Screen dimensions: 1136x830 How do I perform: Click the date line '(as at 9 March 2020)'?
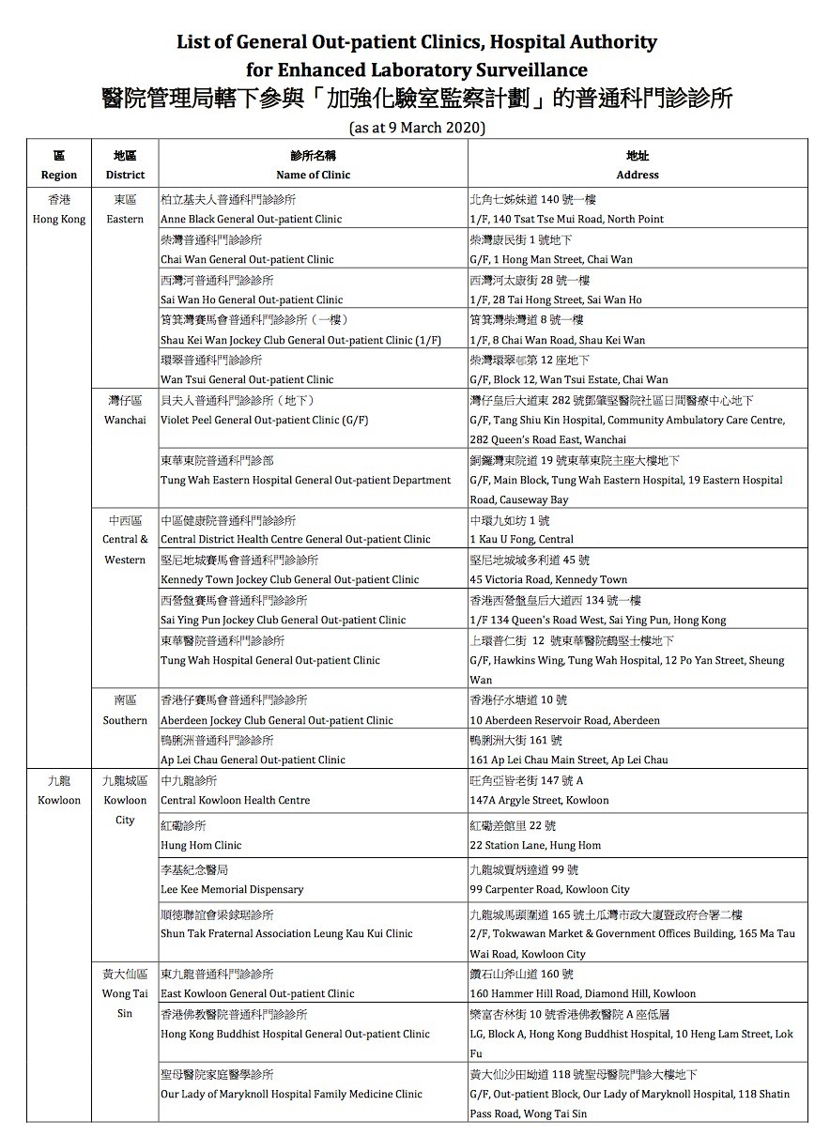click(x=416, y=127)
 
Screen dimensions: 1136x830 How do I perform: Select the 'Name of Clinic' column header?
click(x=313, y=175)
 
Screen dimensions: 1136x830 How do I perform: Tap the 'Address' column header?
click(x=638, y=175)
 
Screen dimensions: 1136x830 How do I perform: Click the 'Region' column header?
click(x=59, y=175)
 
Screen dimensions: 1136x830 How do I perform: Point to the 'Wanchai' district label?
click(x=125, y=420)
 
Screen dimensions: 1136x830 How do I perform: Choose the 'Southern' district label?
click(x=125, y=720)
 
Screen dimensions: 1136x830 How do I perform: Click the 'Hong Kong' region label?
click(x=59, y=219)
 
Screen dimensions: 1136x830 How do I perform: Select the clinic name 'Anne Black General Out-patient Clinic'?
click(x=251, y=219)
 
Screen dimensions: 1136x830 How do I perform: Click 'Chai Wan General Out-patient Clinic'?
click(x=247, y=259)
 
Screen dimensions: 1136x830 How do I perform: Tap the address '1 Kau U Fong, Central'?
click(x=521, y=540)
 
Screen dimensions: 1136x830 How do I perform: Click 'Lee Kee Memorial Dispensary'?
click(x=232, y=889)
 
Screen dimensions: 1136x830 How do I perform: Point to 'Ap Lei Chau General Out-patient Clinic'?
click(x=253, y=760)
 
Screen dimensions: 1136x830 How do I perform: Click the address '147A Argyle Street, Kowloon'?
click(x=539, y=801)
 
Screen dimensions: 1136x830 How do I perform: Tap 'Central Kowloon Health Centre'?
click(x=235, y=801)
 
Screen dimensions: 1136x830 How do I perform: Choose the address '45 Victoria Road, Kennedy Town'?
click(x=548, y=579)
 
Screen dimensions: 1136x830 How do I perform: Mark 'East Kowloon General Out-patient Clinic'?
click(x=257, y=993)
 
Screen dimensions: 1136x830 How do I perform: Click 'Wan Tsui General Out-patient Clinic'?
click(x=247, y=379)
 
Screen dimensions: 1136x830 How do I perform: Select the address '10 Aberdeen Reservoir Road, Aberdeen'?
click(x=564, y=720)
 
